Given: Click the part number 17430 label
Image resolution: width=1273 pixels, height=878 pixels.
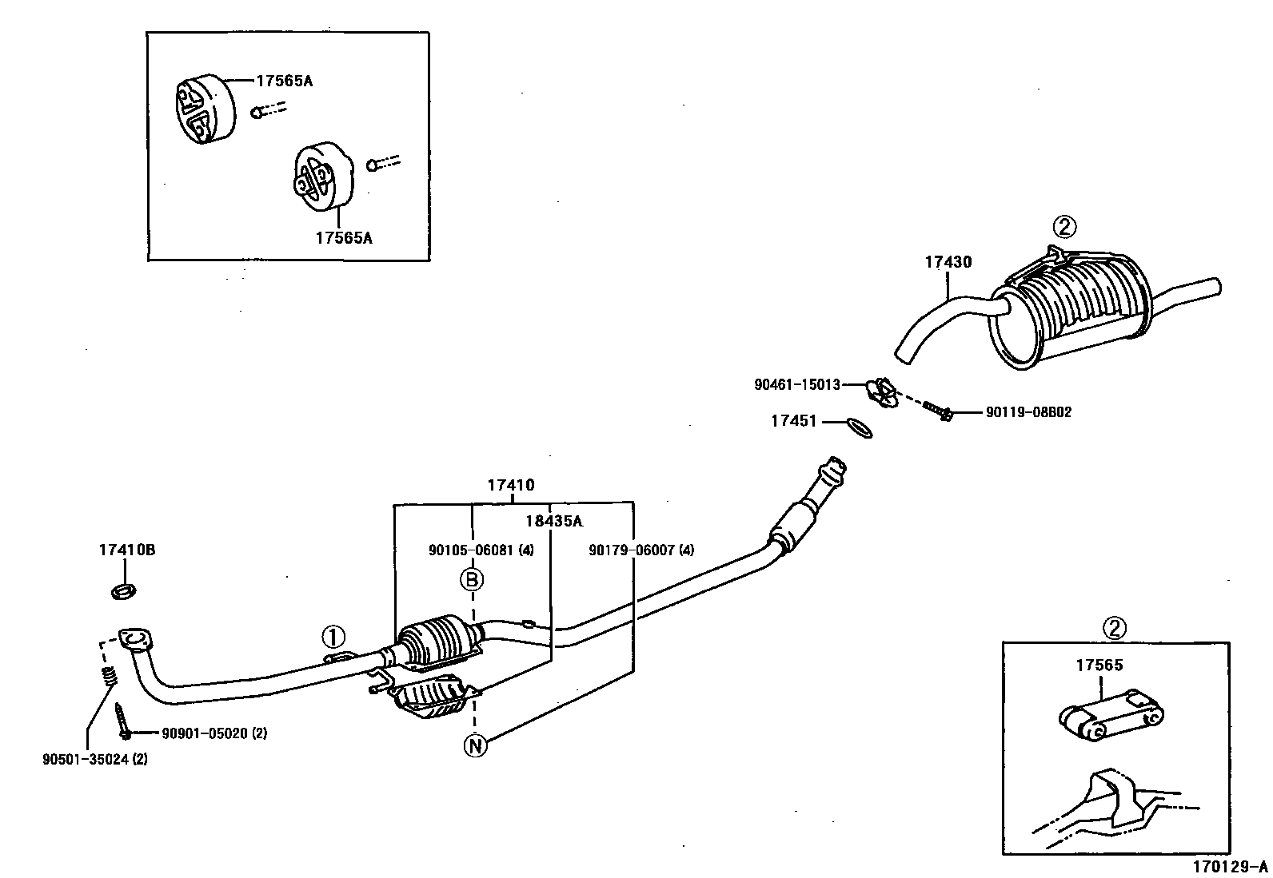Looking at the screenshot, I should point(948,262).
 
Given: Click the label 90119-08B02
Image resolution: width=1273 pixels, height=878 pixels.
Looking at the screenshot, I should point(1028,413).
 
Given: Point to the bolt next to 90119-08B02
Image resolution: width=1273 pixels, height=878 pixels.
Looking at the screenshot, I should point(936,411).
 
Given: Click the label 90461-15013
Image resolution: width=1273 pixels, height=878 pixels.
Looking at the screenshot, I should point(797,385).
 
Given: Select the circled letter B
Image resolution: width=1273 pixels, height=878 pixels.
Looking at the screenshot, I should point(472,579).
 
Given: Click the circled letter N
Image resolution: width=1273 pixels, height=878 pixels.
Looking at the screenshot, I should point(475,745).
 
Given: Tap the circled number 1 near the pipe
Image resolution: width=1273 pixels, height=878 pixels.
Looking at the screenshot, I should point(333,637).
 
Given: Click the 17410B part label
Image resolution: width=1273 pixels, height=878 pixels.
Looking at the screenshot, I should point(126,550).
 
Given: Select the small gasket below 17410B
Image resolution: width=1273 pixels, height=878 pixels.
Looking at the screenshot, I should point(122,592).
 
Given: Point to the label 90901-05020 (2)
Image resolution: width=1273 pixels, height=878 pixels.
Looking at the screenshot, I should point(213,733).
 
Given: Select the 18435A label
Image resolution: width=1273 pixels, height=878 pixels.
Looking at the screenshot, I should point(553,521).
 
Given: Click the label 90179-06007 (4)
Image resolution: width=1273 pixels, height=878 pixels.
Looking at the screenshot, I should point(641,550).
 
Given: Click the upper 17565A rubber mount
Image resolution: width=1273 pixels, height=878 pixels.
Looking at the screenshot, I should point(203,110).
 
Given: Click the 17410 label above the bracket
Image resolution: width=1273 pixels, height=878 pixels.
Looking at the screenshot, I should point(511,485).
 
